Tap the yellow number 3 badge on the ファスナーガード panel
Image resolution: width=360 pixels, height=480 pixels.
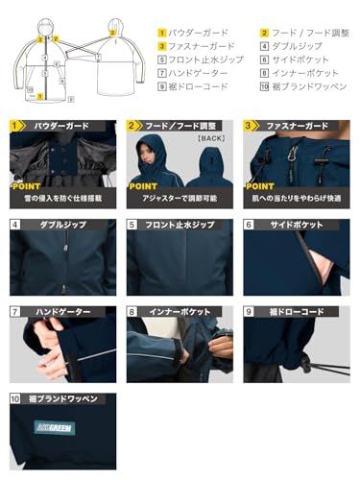tap(250, 126)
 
